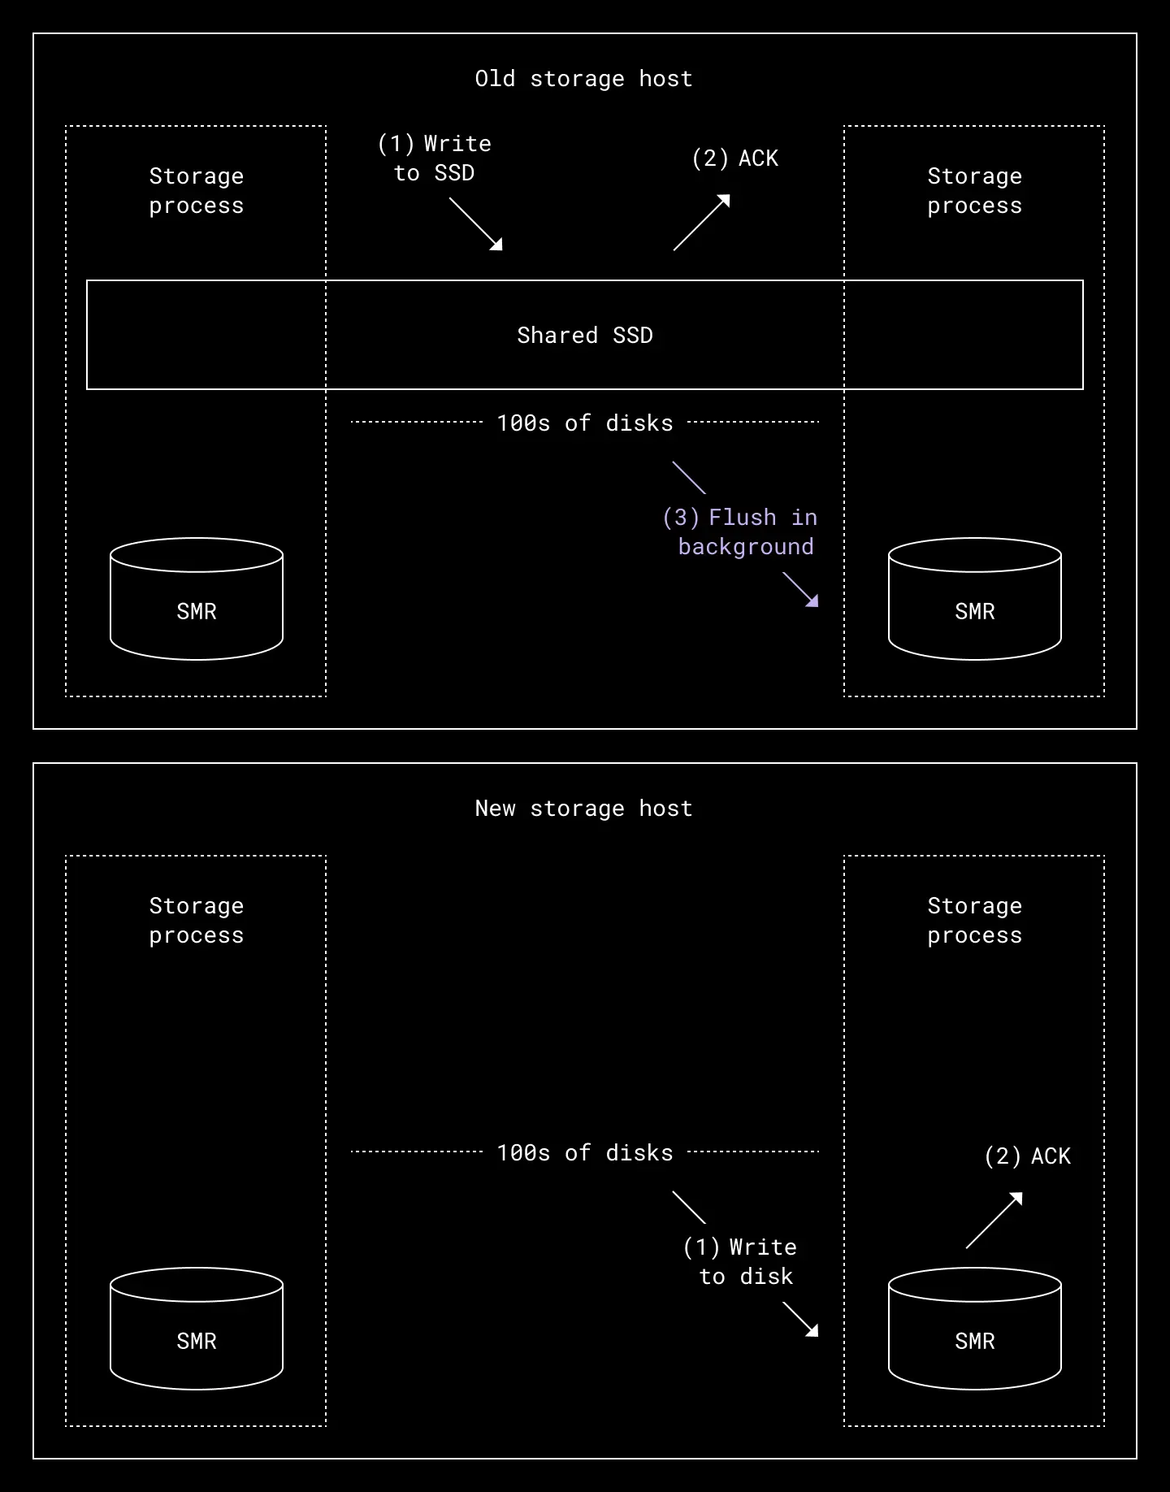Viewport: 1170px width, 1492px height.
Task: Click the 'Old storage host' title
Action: (583, 79)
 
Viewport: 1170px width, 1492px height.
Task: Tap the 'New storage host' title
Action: (583, 809)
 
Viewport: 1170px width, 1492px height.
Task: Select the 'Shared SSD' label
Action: (585, 336)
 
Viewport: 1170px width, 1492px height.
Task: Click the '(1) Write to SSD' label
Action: (435, 158)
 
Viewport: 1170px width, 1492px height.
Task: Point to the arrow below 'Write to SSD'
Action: (476, 224)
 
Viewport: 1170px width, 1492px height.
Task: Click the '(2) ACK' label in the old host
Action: (734, 158)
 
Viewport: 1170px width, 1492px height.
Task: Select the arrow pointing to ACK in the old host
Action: (701, 223)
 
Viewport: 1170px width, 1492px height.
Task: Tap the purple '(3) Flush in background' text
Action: (740, 532)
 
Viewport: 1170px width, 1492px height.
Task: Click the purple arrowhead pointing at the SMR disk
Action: (811, 600)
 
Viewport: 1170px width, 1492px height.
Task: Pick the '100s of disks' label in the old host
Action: (585, 423)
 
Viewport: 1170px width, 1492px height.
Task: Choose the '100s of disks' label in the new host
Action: (585, 1153)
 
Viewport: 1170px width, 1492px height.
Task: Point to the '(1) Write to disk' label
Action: (740, 1262)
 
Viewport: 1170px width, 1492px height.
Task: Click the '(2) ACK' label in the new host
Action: (1027, 1156)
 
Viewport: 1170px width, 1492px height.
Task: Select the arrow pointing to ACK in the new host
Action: (994, 1221)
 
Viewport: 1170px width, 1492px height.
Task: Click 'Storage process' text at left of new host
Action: (197, 921)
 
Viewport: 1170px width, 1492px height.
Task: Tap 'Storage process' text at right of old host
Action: (975, 191)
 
